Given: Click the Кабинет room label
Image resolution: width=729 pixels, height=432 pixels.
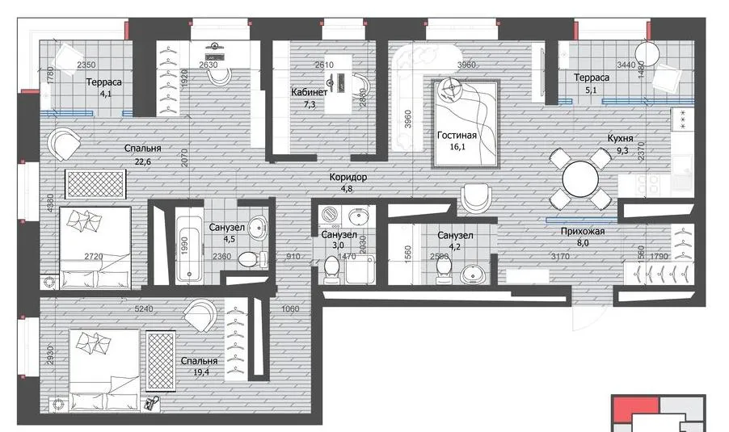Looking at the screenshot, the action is tap(310, 92).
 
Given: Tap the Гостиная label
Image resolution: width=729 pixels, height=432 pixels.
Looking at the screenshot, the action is tap(457, 135).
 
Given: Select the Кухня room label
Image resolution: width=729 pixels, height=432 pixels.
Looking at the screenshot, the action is tap(620, 138).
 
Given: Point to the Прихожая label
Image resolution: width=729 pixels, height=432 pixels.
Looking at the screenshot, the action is tap(583, 231).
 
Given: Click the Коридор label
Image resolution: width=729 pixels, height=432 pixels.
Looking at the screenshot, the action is tap(348, 177).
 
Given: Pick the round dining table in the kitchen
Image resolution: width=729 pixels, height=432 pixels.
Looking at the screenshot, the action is tap(580, 178).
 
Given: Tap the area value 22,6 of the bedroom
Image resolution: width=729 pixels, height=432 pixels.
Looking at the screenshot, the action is tap(143, 161).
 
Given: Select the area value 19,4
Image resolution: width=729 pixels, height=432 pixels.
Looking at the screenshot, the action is tap(201, 371).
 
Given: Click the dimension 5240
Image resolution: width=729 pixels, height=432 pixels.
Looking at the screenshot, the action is tap(144, 309).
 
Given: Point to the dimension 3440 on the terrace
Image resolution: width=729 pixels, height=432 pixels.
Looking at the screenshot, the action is tap(626, 65).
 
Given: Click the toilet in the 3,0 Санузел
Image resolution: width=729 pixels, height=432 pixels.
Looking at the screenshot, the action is tap(331, 271).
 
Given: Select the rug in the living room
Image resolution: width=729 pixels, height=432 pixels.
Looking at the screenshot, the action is tap(466, 124).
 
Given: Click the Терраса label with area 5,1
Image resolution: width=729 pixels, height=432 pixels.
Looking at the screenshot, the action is tap(592, 78).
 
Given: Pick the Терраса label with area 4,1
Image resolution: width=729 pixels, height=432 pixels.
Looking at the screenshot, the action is tap(103, 82).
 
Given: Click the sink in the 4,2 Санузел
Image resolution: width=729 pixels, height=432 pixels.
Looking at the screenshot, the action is tap(473, 274).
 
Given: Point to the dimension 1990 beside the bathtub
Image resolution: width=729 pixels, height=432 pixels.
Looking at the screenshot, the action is tap(184, 245).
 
